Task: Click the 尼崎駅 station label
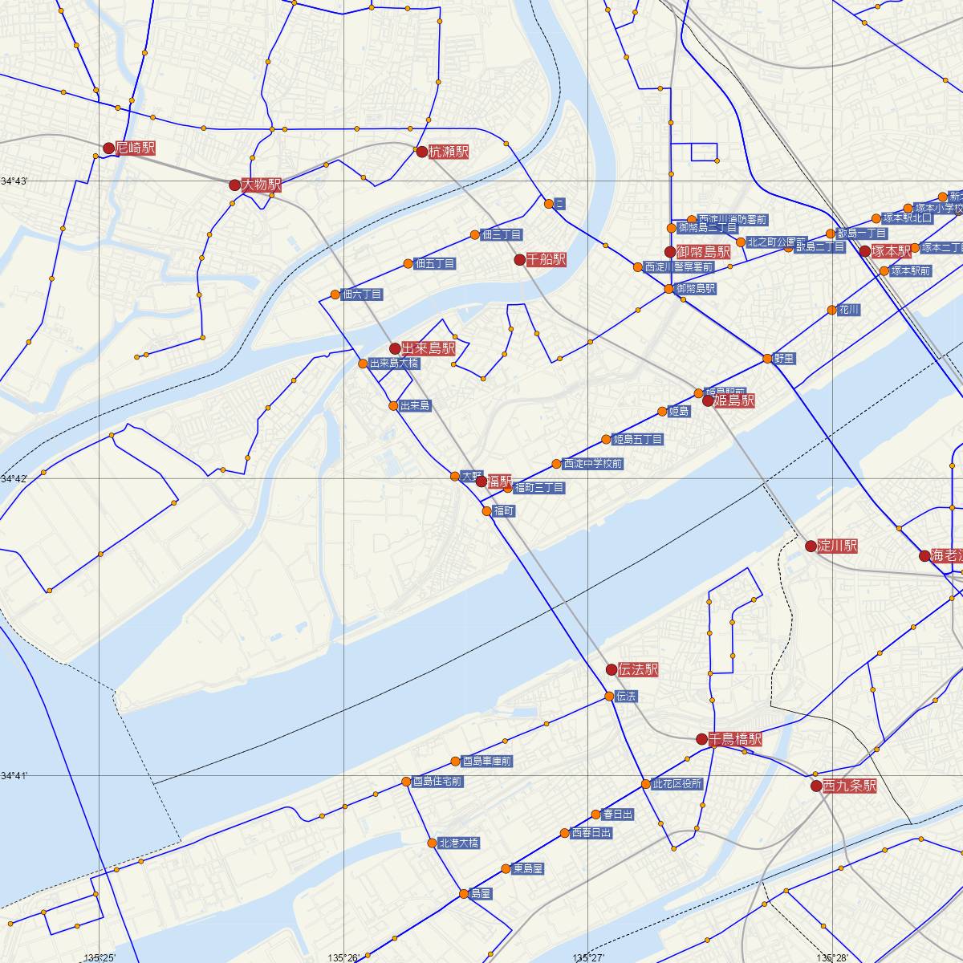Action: point(135,148)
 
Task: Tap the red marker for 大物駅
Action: point(234,185)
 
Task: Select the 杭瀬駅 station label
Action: point(448,152)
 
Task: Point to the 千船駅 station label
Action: point(547,260)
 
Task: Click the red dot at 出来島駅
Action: point(395,348)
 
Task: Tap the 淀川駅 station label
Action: point(837,547)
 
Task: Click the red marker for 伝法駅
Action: point(612,669)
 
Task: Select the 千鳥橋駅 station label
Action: point(735,739)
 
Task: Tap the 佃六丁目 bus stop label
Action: point(361,295)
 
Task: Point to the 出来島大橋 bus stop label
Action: point(393,364)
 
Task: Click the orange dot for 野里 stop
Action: point(768,359)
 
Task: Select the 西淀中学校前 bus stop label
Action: point(592,464)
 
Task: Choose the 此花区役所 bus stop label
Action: point(677,784)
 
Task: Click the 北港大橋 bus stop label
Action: point(458,843)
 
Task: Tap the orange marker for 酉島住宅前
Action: point(406,782)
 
